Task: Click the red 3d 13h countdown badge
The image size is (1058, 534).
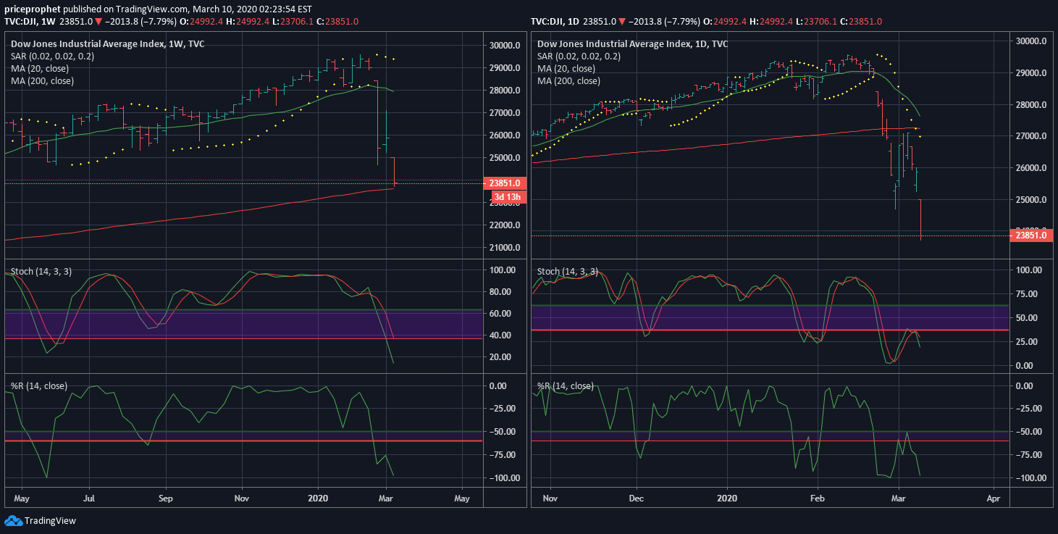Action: (x=508, y=196)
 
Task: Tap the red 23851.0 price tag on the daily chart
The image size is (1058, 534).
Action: (x=1030, y=235)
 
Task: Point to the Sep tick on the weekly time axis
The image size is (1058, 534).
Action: (x=166, y=498)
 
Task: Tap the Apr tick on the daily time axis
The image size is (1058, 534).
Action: (x=994, y=498)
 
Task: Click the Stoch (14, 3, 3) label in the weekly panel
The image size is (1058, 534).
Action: (x=41, y=272)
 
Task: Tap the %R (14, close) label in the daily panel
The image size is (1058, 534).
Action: (x=565, y=386)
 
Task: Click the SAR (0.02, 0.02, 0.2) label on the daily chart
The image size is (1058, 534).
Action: (x=579, y=56)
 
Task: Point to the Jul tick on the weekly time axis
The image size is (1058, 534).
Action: (x=89, y=498)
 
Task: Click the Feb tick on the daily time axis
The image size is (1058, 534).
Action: (x=818, y=498)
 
